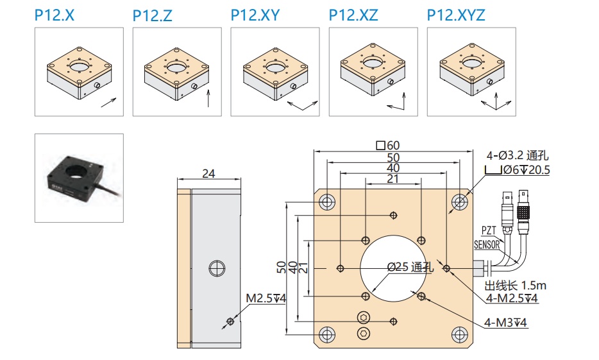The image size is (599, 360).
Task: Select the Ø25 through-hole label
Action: click(x=410, y=268)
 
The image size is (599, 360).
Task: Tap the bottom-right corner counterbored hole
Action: click(x=459, y=334)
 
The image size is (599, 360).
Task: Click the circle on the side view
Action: click(x=215, y=268)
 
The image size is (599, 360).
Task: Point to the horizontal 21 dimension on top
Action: click(x=392, y=179)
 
